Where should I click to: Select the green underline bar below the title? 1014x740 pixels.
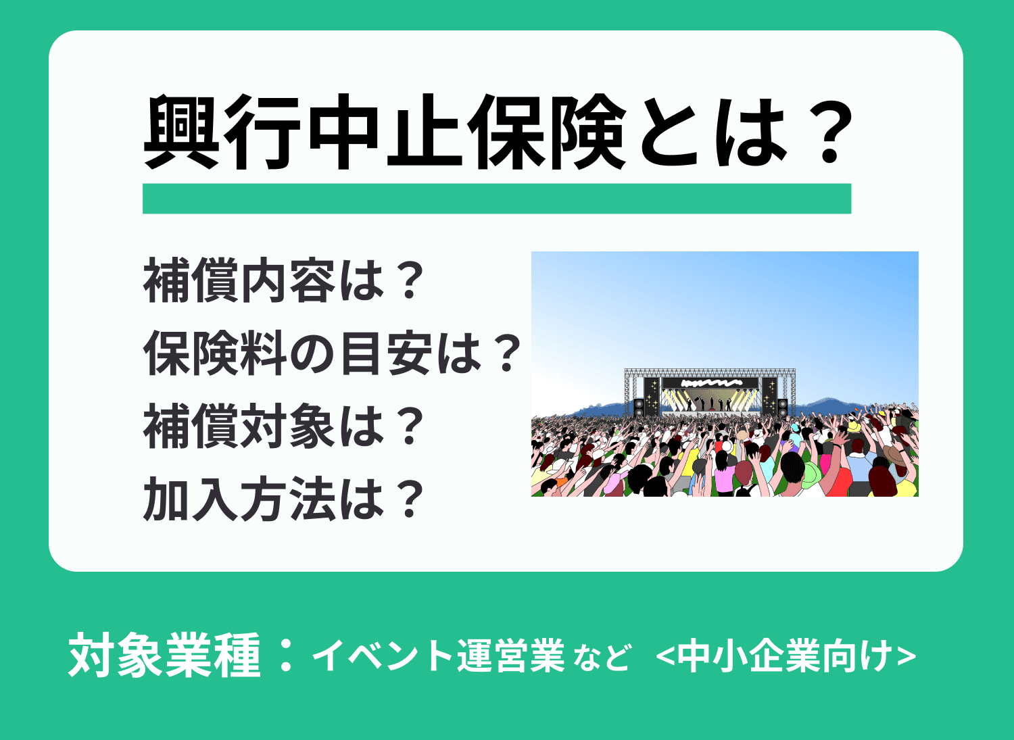tap(496, 199)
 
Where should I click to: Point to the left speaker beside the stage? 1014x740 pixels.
tap(639, 406)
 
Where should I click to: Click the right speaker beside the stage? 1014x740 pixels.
tap(782, 407)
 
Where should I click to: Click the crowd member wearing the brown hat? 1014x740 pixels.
tap(896, 453)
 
